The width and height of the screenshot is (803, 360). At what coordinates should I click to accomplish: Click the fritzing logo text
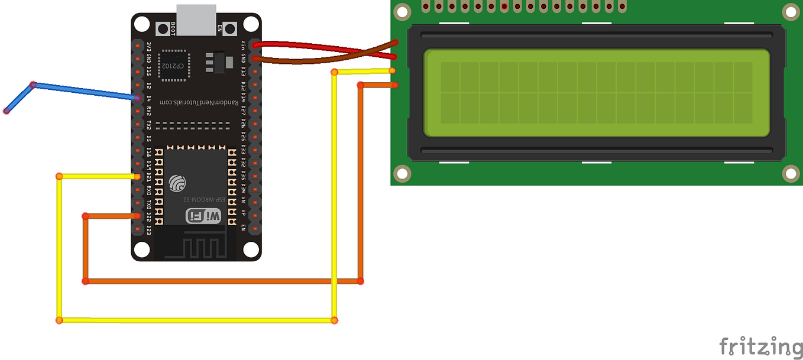click(x=760, y=346)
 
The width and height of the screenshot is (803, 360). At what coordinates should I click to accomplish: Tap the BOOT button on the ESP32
click(x=162, y=28)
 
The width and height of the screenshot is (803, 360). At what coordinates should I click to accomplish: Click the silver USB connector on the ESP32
click(x=196, y=18)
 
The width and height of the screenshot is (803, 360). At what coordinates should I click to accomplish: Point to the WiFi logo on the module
click(x=204, y=216)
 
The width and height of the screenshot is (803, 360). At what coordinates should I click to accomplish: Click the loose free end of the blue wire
click(x=7, y=111)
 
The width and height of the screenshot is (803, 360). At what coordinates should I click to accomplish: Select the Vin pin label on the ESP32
click(x=244, y=44)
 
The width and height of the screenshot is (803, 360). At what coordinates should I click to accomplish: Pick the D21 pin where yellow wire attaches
click(x=137, y=177)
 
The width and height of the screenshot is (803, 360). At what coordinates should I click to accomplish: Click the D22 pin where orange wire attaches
click(x=137, y=216)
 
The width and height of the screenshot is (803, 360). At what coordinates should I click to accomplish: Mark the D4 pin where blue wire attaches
click(x=137, y=98)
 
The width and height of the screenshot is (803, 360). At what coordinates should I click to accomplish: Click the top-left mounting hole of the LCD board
click(x=403, y=11)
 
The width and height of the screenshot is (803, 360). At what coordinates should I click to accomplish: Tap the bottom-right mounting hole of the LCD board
click(x=791, y=173)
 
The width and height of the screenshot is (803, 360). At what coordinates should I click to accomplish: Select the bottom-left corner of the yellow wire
click(x=59, y=320)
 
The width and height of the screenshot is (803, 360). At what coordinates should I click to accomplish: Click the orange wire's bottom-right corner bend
click(x=360, y=281)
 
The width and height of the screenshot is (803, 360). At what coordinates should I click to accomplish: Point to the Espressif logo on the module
click(x=177, y=183)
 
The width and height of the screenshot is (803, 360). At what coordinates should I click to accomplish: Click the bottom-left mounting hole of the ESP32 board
click(x=141, y=249)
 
